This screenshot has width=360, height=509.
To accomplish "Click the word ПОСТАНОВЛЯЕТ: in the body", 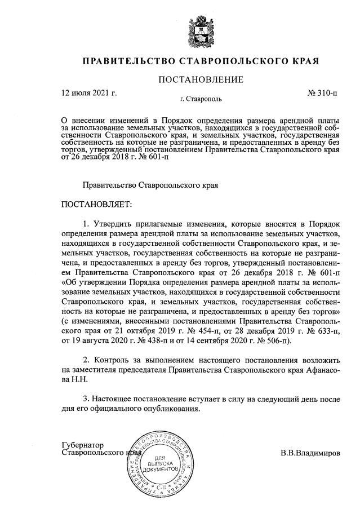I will (x=96, y=203).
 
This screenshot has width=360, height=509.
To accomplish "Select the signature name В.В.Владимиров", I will (x=310, y=453).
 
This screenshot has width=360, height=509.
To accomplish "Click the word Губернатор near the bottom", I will (x=83, y=445).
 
